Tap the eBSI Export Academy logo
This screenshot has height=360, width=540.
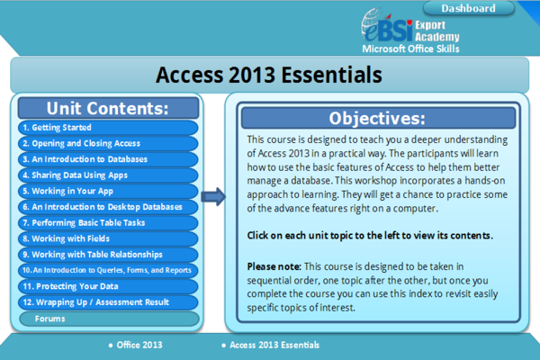pos(410,31)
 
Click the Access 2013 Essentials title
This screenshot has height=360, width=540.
pos(269,73)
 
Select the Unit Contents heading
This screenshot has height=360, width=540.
pos(108,109)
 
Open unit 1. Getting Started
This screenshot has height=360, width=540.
pos(108,128)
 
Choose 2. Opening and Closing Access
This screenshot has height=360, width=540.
pos(108,143)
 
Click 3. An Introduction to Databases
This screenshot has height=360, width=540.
pos(108,159)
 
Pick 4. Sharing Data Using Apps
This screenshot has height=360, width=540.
pos(108,175)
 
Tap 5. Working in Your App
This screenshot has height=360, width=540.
pos(108,191)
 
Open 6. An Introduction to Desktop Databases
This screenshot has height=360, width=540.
pos(108,207)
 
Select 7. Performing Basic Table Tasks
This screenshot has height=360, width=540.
pos(108,222)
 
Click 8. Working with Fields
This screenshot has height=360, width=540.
pos(108,238)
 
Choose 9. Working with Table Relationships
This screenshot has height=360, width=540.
pos(108,255)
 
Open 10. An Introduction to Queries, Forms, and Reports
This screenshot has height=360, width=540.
pos(108,270)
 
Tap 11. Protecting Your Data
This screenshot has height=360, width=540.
pos(108,286)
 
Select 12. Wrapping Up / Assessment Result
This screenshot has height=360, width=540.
pos(108,302)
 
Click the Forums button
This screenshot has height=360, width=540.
pos(108,319)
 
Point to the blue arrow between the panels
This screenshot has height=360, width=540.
pos(214,196)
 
